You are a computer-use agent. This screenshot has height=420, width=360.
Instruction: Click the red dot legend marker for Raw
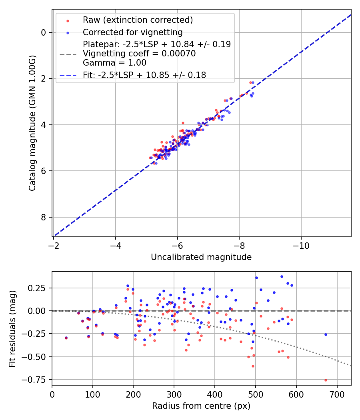pyautogui.click(x=67, y=20)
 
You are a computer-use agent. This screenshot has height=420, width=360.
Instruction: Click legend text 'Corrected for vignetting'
pyautogui.click(x=132, y=32)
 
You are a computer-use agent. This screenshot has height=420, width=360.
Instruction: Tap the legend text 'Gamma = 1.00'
pyautogui.click(x=114, y=63)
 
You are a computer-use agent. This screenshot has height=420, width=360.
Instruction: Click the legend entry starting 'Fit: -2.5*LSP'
pyautogui.click(x=144, y=75)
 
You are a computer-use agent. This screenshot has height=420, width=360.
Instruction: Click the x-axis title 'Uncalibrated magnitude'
pyautogui.click(x=201, y=257)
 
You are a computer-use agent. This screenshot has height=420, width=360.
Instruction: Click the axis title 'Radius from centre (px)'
pyautogui.click(x=201, y=406)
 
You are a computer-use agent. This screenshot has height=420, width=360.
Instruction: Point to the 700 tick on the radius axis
pyautogui.click(x=337, y=394)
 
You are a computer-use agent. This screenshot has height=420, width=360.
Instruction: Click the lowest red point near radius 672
pyautogui.click(x=326, y=380)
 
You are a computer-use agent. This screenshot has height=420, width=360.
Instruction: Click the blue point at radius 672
pyautogui.click(x=326, y=334)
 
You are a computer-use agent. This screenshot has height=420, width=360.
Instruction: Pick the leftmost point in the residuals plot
pyautogui.click(x=66, y=338)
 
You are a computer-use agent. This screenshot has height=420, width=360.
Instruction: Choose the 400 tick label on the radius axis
pyautogui.click(x=215, y=394)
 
